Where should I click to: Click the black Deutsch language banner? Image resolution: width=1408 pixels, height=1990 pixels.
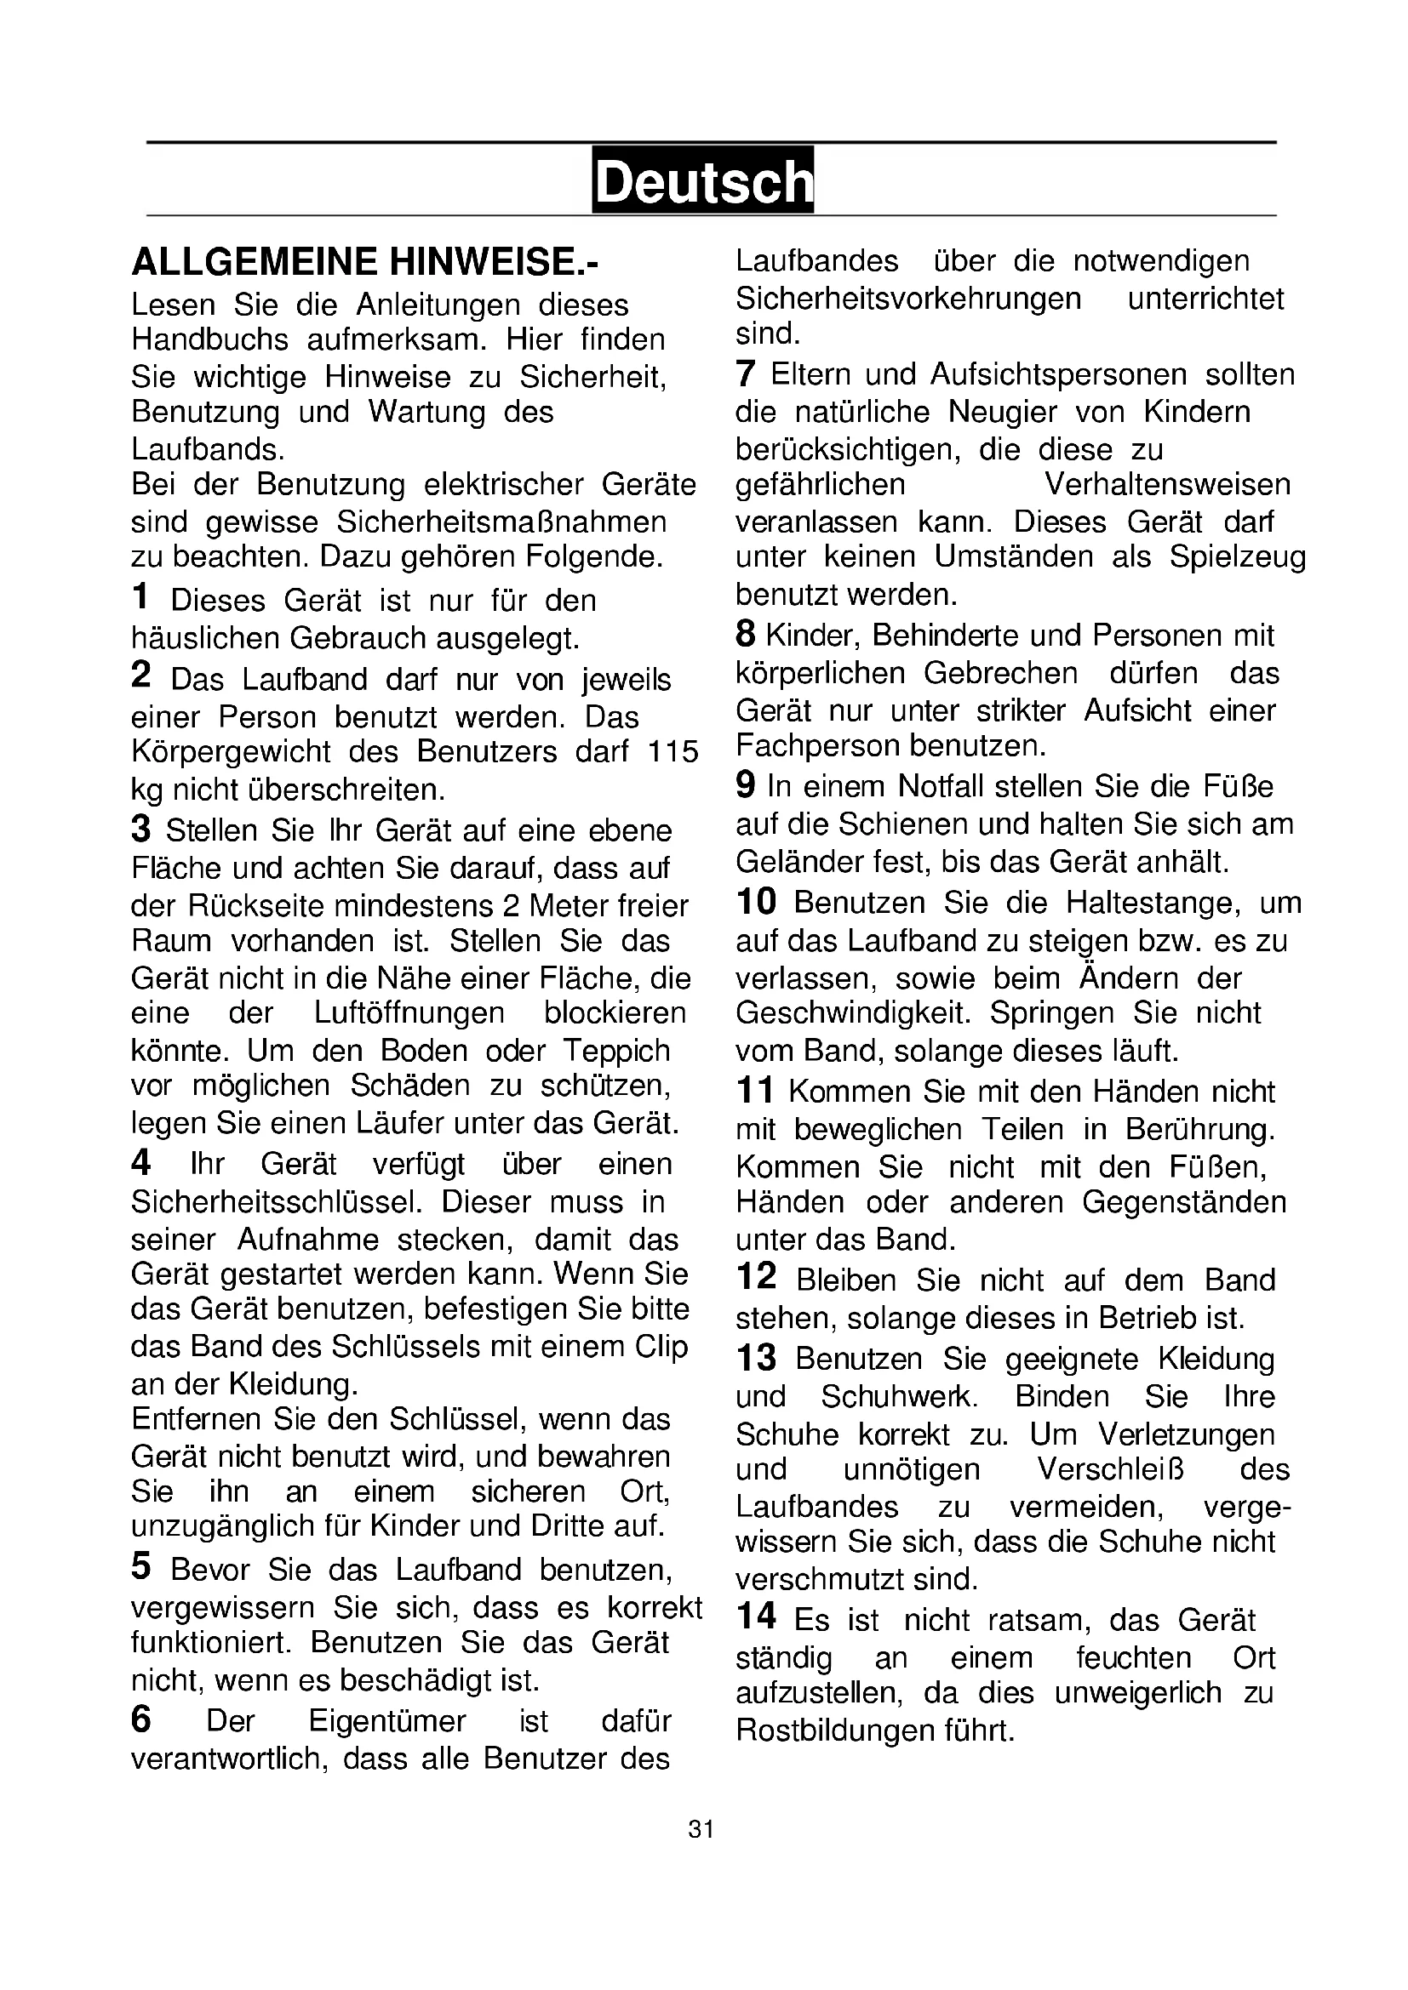click(x=702, y=180)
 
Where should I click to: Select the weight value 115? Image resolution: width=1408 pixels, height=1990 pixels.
click(x=673, y=751)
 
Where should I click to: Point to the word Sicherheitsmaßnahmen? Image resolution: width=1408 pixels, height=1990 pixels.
click(x=501, y=522)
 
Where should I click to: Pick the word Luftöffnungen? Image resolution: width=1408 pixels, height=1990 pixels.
click(x=409, y=1012)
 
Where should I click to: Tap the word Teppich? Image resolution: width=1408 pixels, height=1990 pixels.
click(x=615, y=1051)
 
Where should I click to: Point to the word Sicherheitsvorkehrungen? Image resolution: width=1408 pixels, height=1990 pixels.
click(x=907, y=299)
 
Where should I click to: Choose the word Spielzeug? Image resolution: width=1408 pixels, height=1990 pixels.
click(x=1236, y=556)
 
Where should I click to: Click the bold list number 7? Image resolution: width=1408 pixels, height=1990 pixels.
click(x=745, y=373)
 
